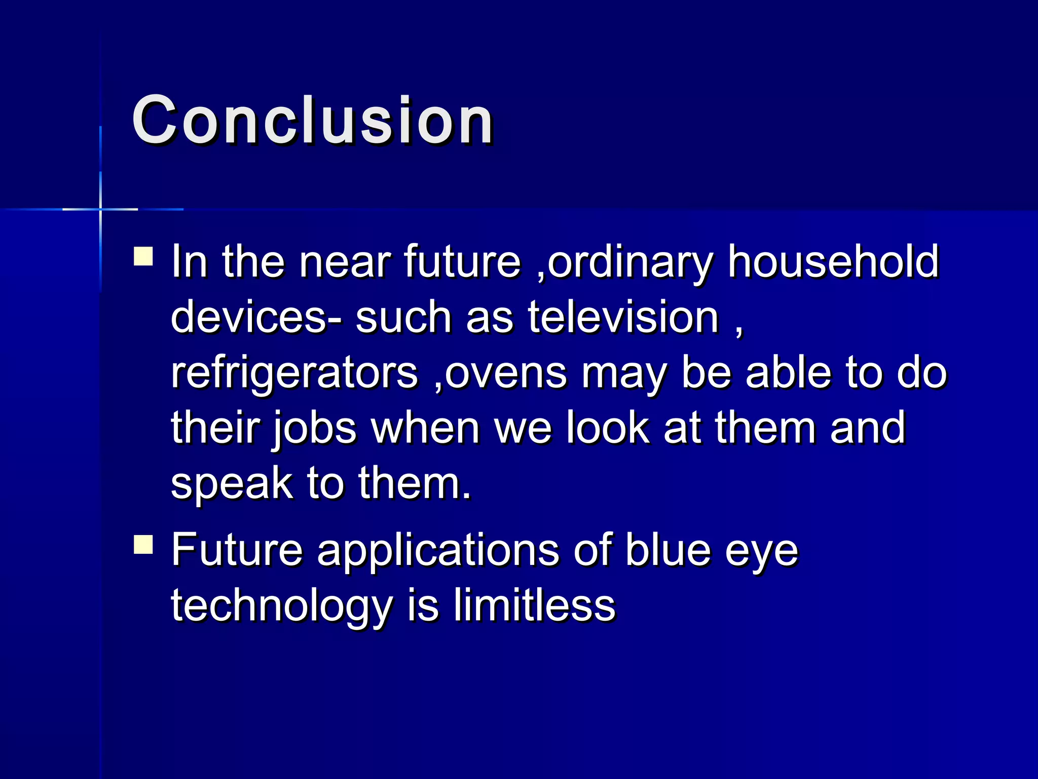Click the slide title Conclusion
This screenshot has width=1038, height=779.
pos(312,121)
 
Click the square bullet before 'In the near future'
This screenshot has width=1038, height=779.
pos(143,256)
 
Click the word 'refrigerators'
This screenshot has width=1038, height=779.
pos(294,373)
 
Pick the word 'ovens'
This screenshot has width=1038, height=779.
pos(505,373)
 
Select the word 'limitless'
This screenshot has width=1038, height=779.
pos(534,606)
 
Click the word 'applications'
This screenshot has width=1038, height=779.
pos(438,551)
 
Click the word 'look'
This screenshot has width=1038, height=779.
pos(607,428)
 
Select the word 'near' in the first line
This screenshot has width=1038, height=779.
pos(345,263)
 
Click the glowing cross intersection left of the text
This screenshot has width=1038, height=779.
pos(100,209)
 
